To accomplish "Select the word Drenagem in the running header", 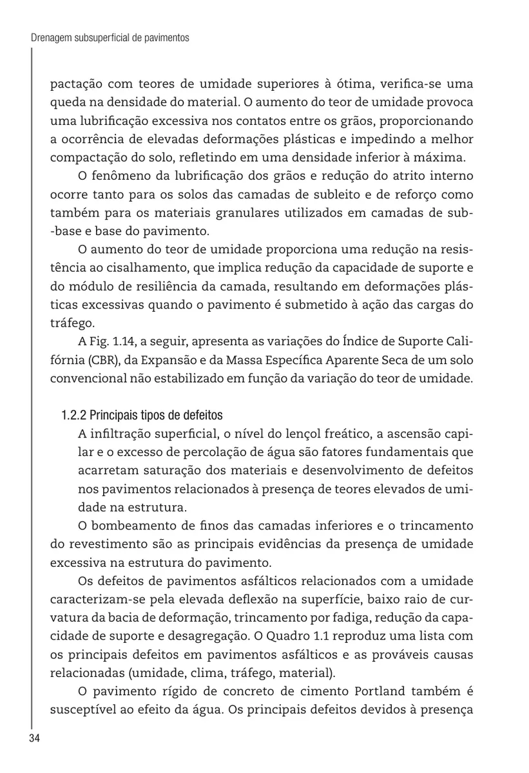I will pyautogui.click(x=52, y=39).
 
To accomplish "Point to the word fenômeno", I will pyautogui.click(x=124, y=176).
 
